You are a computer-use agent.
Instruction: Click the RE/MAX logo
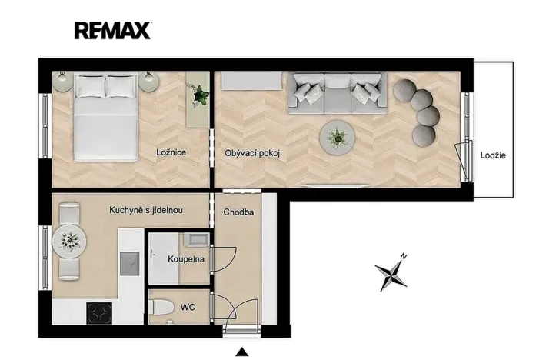coord(113,30)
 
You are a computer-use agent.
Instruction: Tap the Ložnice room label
coord(171,153)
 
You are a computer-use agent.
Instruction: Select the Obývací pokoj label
coord(251,153)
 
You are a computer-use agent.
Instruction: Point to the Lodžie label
coord(492,155)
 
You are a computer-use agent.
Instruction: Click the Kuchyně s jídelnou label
coord(145,209)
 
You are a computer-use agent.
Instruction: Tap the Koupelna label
coord(186,259)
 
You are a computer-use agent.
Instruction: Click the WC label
coord(187,307)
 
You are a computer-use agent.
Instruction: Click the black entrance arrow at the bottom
coord(241,352)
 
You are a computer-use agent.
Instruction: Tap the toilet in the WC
coord(161,308)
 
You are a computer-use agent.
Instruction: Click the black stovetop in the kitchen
coord(99,312)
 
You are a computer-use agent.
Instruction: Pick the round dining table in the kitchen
coord(68,242)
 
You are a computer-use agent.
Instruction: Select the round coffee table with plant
coord(337,138)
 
